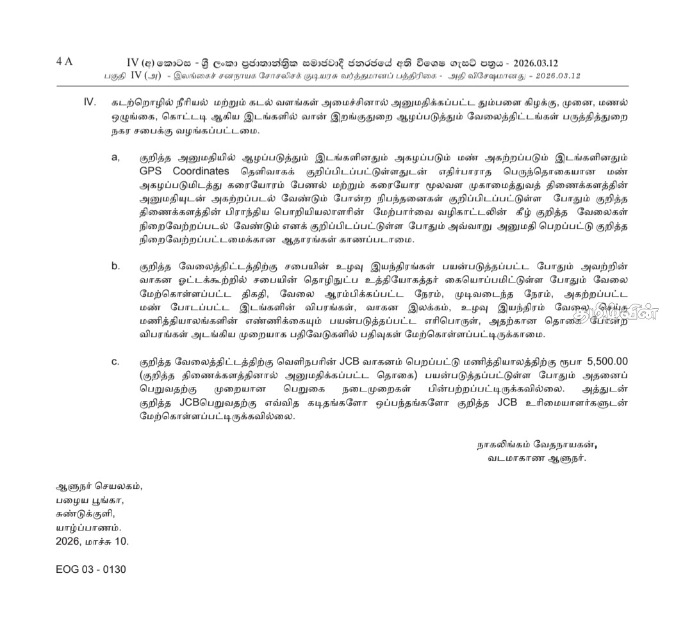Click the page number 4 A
pos(64,62)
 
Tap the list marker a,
pos(115,158)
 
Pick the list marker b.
pos(115,266)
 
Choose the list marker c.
pos(115,361)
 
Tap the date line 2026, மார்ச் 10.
pos(92,541)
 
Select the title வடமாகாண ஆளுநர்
pos(536,458)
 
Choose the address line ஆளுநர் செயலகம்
pos(99,486)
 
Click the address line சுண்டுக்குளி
pos(85,513)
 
